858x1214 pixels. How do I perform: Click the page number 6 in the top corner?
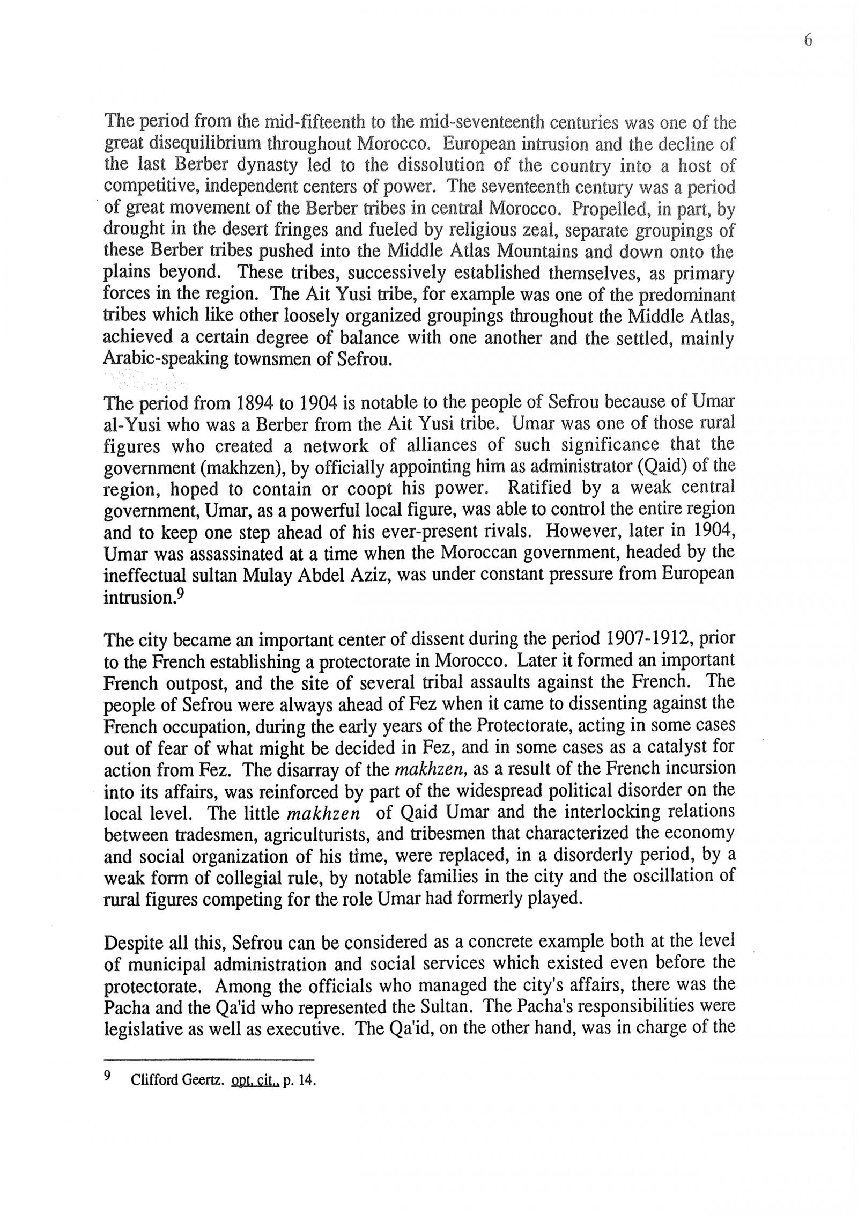(x=808, y=41)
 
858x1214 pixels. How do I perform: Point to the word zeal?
(x=537, y=230)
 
